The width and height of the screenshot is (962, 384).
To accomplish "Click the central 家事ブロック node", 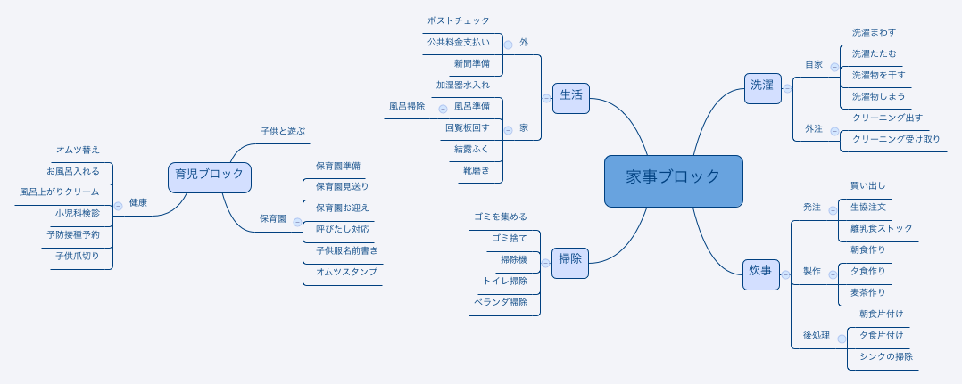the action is [x=673, y=181].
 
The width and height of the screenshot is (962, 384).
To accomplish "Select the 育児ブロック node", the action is [x=209, y=177].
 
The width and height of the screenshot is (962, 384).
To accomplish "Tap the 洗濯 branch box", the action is [x=763, y=88].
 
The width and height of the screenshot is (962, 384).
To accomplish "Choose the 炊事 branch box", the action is [x=760, y=274].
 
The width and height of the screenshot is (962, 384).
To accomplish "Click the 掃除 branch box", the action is [x=570, y=264].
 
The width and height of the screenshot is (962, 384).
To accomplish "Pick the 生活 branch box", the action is [x=570, y=98].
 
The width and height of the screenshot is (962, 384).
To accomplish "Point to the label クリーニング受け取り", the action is [x=896, y=139].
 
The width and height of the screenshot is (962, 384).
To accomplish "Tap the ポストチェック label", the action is [x=459, y=20].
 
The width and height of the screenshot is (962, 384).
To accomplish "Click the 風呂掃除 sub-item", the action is [x=407, y=106].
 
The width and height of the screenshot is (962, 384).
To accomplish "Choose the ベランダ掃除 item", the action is [x=501, y=302].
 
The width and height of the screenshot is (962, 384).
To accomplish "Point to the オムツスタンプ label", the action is [x=346, y=272].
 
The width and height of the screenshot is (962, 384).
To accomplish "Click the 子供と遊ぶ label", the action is [x=283, y=131].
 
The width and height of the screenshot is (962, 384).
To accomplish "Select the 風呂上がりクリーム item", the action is [x=60, y=192].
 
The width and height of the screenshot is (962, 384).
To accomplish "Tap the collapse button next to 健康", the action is [x=119, y=207].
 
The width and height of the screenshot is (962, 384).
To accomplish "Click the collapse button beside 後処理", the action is [x=842, y=339].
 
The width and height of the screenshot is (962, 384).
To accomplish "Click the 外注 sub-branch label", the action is [x=814, y=128].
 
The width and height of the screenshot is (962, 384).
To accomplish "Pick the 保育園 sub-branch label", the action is [x=272, y=218].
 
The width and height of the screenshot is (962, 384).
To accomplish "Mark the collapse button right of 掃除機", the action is [x=545, y=264].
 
